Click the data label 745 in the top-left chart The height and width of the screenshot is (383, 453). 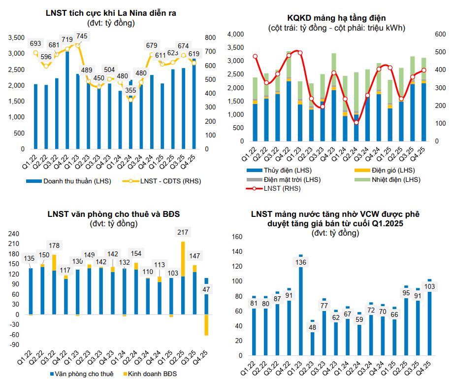pos(82,36)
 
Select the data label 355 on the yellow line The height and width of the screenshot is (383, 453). pos(130,90)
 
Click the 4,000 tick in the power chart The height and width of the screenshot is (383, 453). pos(236,34)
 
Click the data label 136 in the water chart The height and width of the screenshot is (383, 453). pos(301,262)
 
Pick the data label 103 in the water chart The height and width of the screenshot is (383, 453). pos(429,287)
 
